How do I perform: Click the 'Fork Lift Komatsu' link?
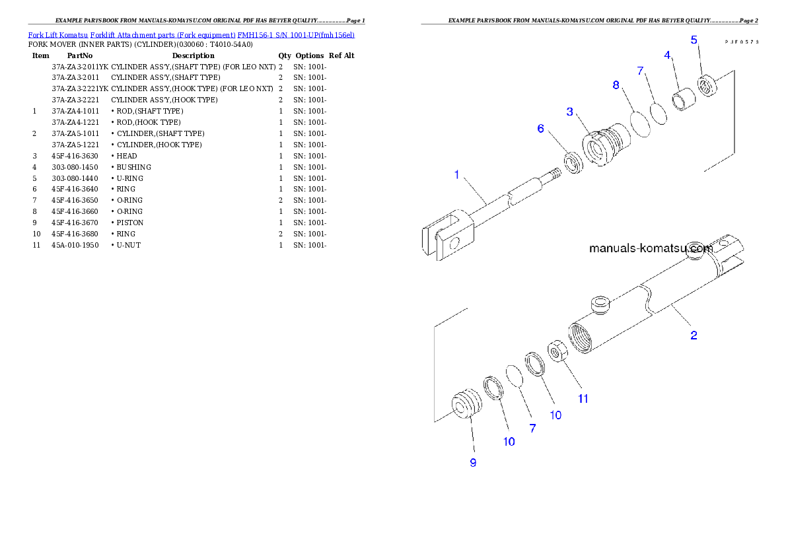point(58,35)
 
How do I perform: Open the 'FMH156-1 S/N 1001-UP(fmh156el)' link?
point(296,35)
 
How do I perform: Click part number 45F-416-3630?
point(75,156)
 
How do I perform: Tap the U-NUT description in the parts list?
point(128,245)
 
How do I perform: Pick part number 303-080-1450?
point(75,168)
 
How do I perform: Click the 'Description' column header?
point(193,55)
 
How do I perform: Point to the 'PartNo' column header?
point(80,55)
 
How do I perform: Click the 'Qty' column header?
point(285,55)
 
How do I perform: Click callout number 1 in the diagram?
point(456,174)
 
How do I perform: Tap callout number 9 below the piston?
point(473,463)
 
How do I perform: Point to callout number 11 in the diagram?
point(583,399)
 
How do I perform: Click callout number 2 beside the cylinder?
point(694,335)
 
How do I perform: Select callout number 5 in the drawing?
point(694,40)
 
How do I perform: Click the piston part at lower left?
point(466,403)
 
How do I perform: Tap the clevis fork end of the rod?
point(448,235)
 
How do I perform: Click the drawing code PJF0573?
point(742,42)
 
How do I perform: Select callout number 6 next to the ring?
point(540,128)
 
